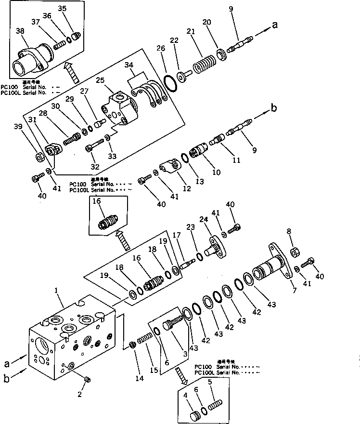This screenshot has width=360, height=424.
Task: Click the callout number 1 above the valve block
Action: [56, 291]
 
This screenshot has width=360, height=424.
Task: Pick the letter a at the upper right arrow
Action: [275, 26]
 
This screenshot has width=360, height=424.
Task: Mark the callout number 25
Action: [113, 79]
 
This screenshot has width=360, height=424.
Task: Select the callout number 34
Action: [142, 65]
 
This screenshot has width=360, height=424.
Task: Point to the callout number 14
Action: [139, 379]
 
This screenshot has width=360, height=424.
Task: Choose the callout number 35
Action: [63, 9]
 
